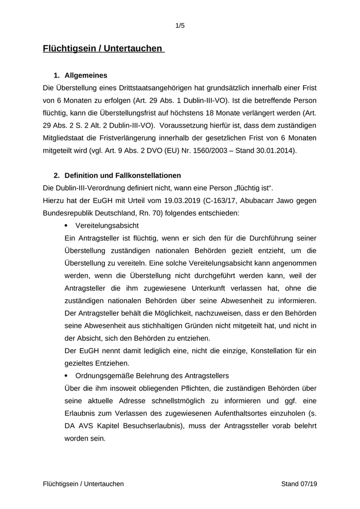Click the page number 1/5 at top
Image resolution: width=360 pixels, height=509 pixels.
coord(180,25)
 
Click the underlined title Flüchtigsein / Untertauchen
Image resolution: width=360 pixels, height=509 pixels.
coord(103,49)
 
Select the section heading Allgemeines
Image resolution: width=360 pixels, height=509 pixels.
coord(86,75)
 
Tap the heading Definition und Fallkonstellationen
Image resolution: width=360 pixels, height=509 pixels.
coord(122,175)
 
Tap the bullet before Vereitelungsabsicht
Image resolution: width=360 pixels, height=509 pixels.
coord(67,226)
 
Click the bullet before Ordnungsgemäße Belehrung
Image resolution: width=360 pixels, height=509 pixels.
coord(67,375)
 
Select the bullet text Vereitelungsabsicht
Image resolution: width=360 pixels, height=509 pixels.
coord(107,226)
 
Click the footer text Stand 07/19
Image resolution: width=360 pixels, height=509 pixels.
coord(299,484)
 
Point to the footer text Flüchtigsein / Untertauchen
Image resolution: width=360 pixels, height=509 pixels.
coord(83,484)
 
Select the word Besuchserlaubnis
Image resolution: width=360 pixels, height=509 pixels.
coord(158,426)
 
